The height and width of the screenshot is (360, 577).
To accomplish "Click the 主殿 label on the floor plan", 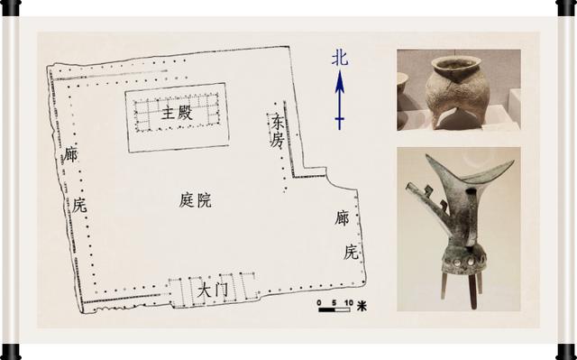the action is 177,113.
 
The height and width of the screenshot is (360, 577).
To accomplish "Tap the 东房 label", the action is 277,130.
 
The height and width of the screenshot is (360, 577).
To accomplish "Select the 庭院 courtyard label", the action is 195,200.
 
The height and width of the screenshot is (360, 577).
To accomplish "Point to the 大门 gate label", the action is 212,290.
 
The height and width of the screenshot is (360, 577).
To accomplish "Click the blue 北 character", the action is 339,58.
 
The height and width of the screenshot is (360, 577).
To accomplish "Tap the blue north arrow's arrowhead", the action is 340,81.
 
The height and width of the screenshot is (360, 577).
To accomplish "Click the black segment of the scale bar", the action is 326,309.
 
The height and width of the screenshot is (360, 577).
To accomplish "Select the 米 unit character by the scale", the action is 362,306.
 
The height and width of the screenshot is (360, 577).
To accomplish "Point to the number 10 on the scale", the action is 349,302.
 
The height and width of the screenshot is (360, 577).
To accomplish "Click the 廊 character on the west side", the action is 70,154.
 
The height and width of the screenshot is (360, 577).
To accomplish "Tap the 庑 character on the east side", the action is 351,252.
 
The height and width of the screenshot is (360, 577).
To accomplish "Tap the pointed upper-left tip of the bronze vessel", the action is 426,155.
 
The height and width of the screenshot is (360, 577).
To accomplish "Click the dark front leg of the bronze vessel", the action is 472,291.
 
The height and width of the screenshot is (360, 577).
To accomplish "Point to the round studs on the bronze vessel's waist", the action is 463,262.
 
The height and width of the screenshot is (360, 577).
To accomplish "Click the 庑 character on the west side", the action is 79,205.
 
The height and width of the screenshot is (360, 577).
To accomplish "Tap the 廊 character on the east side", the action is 342,217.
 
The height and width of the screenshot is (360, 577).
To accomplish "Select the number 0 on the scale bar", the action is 319,302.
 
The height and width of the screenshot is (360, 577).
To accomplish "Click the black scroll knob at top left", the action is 11,7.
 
